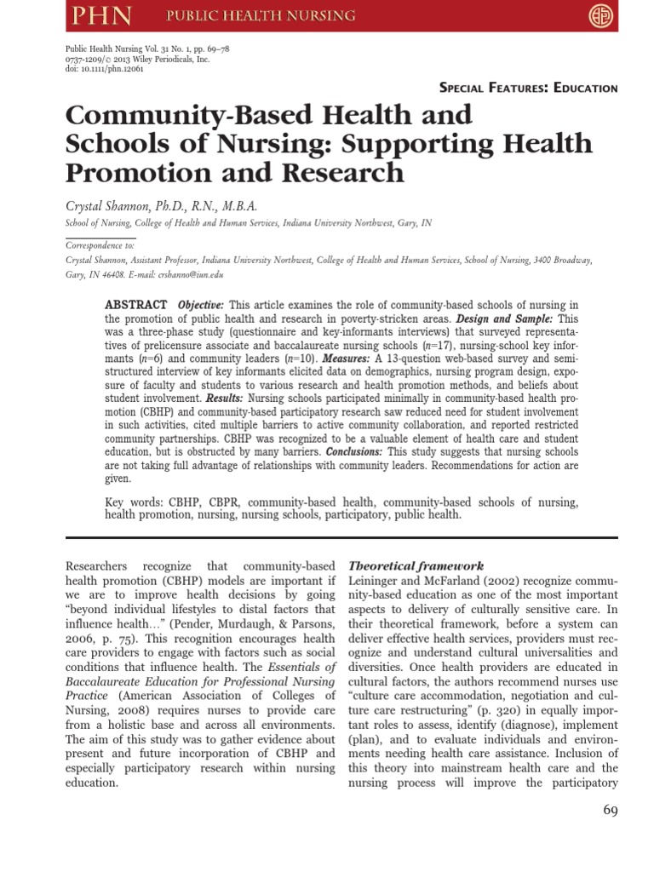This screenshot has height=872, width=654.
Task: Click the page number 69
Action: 610,810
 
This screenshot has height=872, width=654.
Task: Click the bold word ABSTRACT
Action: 135,306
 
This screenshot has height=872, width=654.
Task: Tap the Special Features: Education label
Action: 528,88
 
